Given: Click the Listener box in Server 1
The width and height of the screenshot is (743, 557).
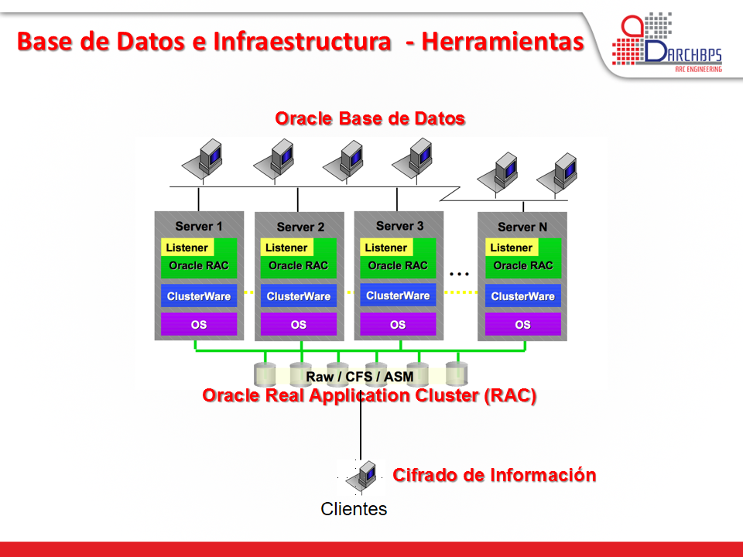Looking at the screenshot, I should [x=187, y=248].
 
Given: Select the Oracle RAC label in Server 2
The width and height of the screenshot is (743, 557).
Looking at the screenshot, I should [x=298, y=265].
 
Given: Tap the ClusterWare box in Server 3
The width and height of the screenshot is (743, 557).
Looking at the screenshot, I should [x=398, y=296].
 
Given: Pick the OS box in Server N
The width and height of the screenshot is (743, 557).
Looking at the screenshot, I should [x=523, y=325].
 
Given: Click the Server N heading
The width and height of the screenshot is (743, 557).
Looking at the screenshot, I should [x=522, y=227].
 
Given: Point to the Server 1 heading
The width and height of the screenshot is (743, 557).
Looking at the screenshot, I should [x=199, y=226].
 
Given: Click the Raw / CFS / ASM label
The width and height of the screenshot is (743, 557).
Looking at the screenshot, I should [x=360, y=377].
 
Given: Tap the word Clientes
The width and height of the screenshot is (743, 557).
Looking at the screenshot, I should [x=354, y=509].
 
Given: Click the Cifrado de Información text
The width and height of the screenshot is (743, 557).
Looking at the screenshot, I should [x=495, y=475].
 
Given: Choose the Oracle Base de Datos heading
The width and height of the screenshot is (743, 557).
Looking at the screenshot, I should [x=370, y=118].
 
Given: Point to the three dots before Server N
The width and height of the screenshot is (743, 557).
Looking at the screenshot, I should [x=460, y=273].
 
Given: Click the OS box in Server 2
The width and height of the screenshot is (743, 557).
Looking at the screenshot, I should [x=298, y=325].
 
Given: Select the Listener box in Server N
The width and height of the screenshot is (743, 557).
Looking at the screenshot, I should [x=512, y=248].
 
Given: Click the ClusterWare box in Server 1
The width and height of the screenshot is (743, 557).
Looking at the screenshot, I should [x=199, y=296].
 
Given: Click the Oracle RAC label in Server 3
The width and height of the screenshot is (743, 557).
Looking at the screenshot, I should [x=398, y=265].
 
